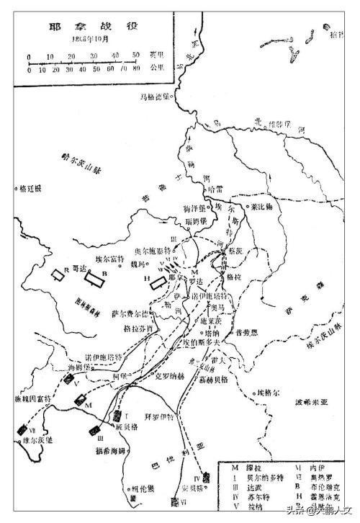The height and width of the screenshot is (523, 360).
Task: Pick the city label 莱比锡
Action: click(x=264, y=206)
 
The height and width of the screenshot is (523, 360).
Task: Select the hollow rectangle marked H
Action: click(x=157, y=282)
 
